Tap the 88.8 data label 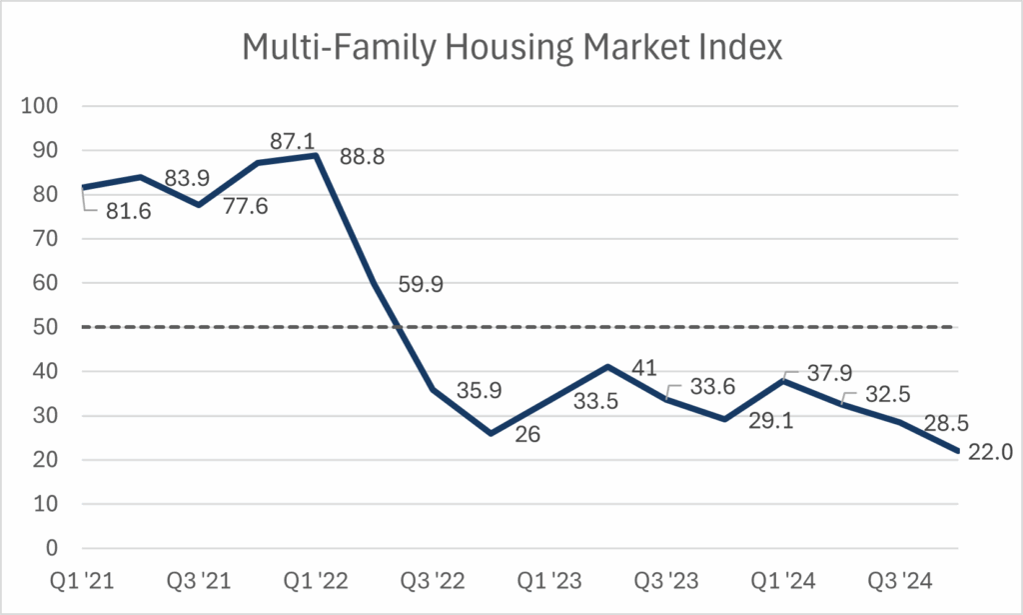point(365,157)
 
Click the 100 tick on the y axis point(46,106)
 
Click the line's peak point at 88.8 point(316,155)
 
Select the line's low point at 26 point(491,433)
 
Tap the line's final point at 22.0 point(958,451)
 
